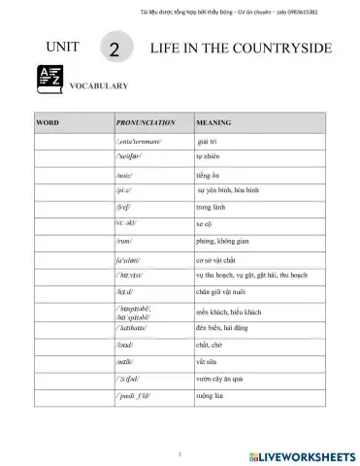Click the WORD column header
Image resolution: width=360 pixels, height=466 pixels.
point(48,124)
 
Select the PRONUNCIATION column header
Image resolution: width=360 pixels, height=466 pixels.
point(146,124)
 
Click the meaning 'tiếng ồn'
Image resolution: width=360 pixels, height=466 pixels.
point(212,176)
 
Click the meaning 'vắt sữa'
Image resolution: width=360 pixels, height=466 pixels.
point(209,369)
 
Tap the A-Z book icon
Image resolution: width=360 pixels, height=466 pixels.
point(47,80)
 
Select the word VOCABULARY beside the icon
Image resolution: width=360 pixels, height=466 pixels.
point(98,86)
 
